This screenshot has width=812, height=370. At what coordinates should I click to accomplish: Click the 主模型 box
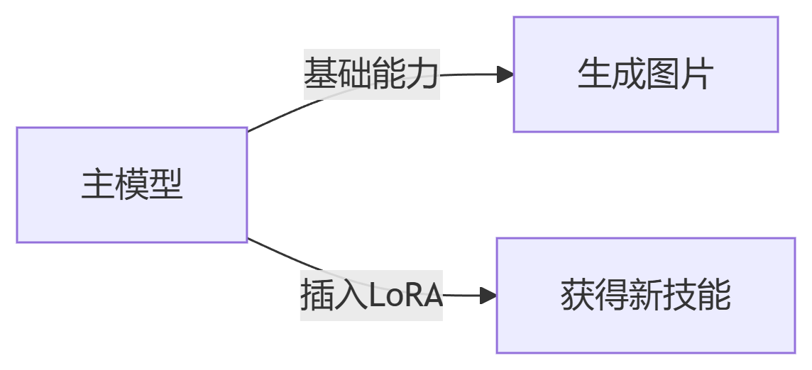131,185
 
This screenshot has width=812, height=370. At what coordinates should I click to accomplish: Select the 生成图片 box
645,74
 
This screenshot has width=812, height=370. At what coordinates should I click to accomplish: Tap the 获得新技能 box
645,296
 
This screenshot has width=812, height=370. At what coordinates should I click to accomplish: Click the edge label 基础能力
372,74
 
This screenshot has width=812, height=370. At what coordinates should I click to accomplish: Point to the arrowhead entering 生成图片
505,74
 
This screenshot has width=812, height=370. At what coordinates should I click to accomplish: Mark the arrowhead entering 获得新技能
488,296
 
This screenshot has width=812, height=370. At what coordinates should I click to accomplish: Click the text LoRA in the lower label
406,296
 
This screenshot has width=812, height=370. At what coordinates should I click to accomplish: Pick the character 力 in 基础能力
423,74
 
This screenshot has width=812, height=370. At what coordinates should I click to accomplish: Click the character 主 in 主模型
97,185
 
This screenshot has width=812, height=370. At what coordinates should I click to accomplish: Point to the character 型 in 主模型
166,185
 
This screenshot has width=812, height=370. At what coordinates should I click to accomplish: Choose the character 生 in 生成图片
594,74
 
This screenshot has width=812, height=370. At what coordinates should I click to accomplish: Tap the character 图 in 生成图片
662,74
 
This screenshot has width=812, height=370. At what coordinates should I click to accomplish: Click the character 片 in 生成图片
696,74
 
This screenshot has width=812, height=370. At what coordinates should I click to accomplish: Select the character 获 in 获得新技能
577,296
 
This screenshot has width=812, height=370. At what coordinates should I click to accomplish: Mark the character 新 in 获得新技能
645,296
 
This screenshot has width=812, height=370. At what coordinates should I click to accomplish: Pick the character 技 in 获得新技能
679,296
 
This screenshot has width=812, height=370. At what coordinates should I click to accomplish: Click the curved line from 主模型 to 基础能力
277,117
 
